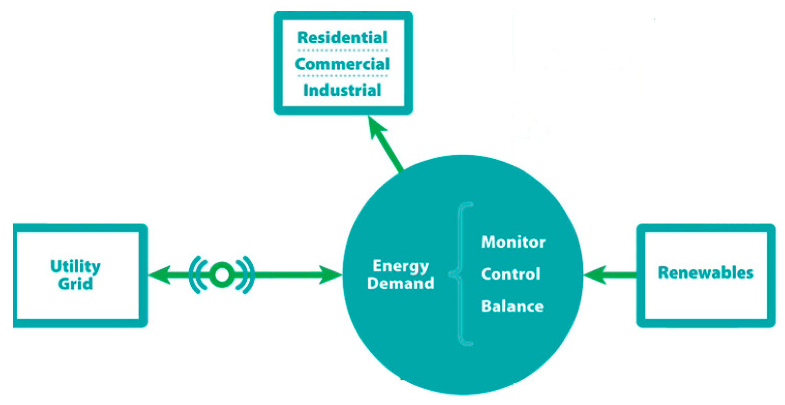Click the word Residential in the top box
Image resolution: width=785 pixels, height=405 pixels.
point(342,37)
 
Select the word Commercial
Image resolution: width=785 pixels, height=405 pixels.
point(342,64)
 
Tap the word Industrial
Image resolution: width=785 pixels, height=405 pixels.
point(342,90)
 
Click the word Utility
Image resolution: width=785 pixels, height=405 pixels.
point(75,266)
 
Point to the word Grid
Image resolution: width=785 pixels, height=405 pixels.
point(75,284)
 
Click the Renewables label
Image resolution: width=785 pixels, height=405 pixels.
point(706,273)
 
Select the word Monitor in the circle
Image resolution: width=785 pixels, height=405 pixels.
point(513,242)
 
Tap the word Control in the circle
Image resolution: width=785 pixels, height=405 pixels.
point(510,274)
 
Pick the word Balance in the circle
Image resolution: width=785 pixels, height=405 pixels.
point(512,306)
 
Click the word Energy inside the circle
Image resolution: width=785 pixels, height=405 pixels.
point(401,266)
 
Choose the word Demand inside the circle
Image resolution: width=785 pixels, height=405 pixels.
point(401,283)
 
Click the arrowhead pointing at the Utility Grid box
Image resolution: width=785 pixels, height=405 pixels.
point(159,275)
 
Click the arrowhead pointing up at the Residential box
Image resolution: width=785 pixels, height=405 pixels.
point(376,127)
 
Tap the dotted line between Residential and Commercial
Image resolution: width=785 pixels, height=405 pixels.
point(342,50)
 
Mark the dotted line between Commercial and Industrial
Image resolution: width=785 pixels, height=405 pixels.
point(342,76)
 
